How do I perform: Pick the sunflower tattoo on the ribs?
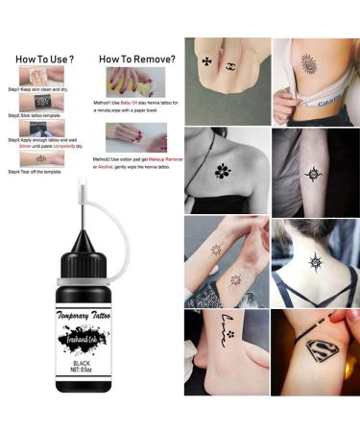click(x=309, y=63)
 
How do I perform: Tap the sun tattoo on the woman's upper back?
click(x=314, y=261)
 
